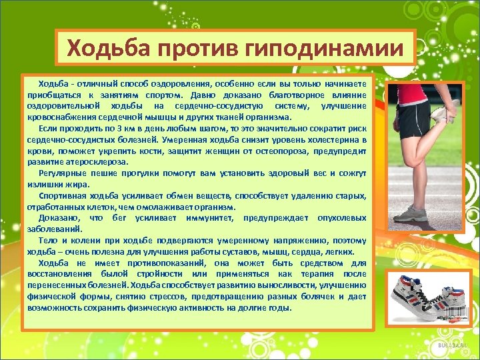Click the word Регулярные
61,173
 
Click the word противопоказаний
151,263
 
